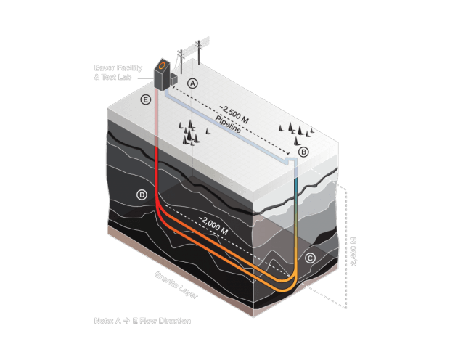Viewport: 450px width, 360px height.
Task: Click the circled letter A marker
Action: [193, 83]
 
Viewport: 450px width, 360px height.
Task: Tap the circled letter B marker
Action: [303, 152]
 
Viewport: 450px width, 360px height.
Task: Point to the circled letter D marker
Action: [142, 195]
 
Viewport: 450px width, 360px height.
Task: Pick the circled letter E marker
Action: [146, 99]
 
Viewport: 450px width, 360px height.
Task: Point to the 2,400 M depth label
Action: [354, 250]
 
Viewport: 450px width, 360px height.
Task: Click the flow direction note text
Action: [142, 320]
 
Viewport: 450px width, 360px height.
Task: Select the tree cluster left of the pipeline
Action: [191, 132]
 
